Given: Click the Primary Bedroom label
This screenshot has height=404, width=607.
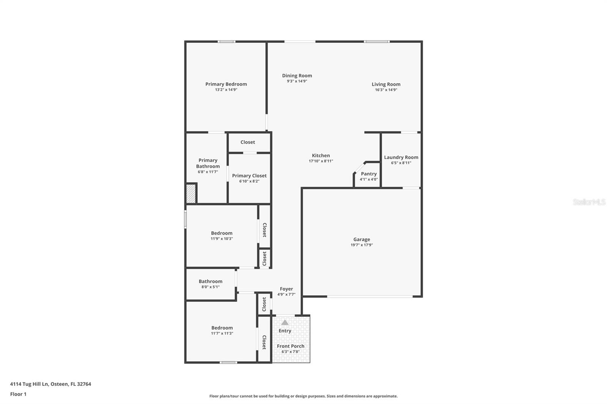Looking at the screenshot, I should [x=226, y=84].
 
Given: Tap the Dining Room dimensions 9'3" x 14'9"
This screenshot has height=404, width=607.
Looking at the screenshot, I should [x=297, y=81].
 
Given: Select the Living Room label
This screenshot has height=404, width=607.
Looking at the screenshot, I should [x=386, y=84].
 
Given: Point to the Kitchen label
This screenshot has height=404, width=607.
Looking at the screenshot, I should [x=321, y=155].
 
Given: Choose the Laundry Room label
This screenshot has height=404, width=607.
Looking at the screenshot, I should [x=401, y=157].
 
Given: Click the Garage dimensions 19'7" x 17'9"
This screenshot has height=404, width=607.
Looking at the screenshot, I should [x=362, y=245].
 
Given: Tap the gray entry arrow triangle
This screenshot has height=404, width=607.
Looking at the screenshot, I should [x=285, y=323].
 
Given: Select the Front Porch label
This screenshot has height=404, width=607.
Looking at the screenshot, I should [x=291, y=346].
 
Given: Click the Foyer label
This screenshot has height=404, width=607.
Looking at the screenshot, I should [x=286, y=289].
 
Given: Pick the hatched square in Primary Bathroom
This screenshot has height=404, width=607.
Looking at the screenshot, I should [x=191, y=193].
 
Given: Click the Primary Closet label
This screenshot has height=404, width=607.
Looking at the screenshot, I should [x=249, y=175].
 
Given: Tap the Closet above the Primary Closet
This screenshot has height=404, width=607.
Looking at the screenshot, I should [x=248, y=142].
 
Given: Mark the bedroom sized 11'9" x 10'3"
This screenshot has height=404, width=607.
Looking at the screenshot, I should [x=222, y=235].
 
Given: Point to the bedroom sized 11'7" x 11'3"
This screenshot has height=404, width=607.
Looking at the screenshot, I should [x=222, y=330].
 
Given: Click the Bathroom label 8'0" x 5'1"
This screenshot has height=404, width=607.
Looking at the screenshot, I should [x=211, y=281].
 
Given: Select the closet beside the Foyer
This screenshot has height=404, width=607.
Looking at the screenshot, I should [x=264, y=304].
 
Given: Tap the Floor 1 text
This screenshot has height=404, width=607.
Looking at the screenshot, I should [x=18, y=394].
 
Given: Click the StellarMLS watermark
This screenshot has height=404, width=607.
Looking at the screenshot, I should [x=589, y=202].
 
